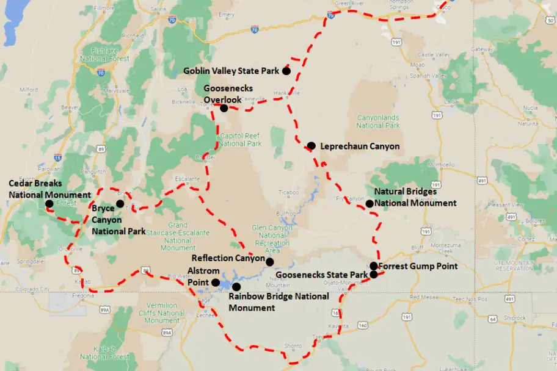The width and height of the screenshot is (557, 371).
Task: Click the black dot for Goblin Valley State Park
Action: pyautogui.click(x=286, y=71)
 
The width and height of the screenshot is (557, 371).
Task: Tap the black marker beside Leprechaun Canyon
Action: pyautogui.click(x=311, y=146)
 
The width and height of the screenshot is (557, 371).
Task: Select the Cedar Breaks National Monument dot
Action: pyautogui.click(x=49, y=204)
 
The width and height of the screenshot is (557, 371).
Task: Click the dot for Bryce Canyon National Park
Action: pyautogui.click(x=120, y=204)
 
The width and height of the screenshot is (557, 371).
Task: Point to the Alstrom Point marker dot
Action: pyautogui.click(x=215, y=283)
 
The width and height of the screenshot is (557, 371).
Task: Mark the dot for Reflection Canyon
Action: pyautogui.click(x=269, y=262)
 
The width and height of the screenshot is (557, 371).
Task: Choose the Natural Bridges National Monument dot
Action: pyautogui.click(x=369, y=204)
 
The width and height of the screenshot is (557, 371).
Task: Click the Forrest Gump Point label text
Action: pyautogui.click(x=418, y=266)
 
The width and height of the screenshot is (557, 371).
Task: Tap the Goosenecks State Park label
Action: pyautogui.click(x=322, y=275)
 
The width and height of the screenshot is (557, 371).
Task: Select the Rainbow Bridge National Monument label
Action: pyautogui.click(x=278, y=301)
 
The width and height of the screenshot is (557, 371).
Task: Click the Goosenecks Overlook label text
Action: pyautogui.click(x=228, y=94)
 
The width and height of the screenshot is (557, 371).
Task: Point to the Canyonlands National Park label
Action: pyautogui.click(x=378, y=121)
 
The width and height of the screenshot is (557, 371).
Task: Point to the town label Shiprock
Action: pyautogui.click(x=515, y=317)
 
